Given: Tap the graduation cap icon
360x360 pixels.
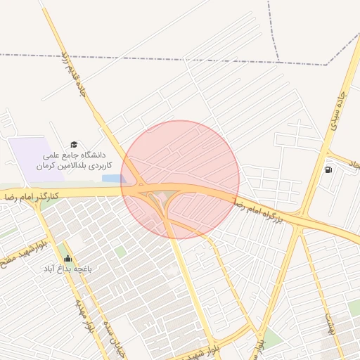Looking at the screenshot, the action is pos(75,144).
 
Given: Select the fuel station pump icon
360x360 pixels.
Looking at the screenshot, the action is pos(328,169).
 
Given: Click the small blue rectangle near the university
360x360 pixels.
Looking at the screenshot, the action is pos(112,179).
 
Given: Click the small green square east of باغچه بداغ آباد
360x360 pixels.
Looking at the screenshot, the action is pos(121,251).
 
